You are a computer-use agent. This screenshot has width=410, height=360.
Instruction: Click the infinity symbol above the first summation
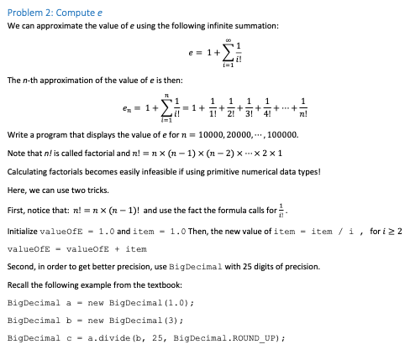[218, 41]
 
